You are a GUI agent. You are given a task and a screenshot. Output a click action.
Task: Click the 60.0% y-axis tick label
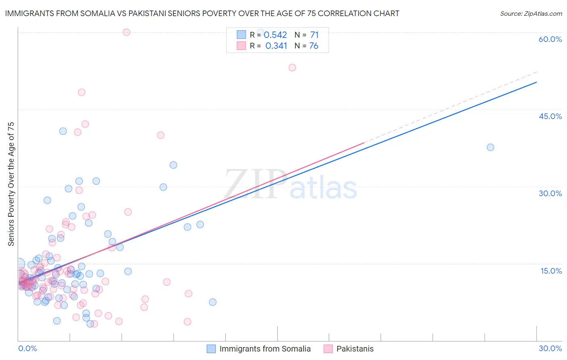[550, 39]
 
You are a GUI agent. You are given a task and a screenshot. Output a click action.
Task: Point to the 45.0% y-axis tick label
[550, 116]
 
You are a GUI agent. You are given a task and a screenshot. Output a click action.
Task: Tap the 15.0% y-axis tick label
[551, 271]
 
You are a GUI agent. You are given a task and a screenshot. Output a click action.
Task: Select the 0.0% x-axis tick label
[27, 348]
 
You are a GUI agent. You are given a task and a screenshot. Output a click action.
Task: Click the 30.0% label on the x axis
[550, 348]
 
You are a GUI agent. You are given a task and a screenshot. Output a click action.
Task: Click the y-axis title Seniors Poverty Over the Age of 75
[11, 184]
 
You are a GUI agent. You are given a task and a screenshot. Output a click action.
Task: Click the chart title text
[202, 13]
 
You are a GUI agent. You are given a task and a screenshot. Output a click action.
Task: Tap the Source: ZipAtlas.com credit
[531, 13]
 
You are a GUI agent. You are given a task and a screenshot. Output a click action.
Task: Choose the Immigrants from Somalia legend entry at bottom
[265, 349]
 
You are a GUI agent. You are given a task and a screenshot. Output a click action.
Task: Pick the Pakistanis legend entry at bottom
[355, 349]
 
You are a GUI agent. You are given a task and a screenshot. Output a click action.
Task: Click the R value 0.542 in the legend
[275, 35]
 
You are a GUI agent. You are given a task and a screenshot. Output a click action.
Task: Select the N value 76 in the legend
[314, 46]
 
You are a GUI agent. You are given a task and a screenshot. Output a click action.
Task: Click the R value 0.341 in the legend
[276, 46]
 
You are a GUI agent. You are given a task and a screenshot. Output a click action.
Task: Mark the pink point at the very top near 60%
[127, 32]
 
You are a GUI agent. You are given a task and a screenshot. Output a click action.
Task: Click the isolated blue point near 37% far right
[490, 147]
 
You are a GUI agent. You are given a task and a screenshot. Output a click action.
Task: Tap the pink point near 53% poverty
[292, 67]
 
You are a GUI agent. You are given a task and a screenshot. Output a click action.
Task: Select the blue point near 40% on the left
[63, 131]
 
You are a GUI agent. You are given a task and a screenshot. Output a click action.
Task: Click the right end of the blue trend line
[536, 82]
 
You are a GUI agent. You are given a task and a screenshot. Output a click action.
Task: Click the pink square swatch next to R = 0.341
[241, 46]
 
